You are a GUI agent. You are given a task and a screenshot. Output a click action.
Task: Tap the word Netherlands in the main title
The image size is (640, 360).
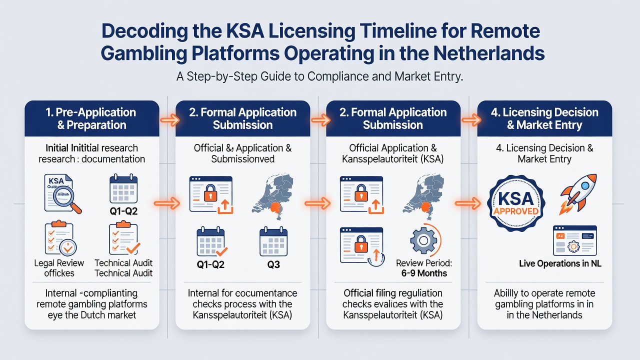[489, 53]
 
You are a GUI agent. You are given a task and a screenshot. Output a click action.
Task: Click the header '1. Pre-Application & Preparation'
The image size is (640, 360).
[91, 118]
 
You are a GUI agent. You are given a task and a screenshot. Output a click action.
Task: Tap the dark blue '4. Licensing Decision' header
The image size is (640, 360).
[544, 118]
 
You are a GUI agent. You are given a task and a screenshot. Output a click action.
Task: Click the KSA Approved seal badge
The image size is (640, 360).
[516, 203]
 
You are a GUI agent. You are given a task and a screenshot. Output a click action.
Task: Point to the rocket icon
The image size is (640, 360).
[577, 194]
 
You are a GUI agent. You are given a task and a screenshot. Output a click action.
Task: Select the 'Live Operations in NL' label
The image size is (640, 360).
[560, 263]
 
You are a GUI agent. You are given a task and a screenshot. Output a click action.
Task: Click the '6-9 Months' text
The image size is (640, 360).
[424, 273]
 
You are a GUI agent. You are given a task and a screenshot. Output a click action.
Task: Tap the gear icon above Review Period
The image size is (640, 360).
[423, 240]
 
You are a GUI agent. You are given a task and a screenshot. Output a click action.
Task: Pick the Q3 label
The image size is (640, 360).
[273, 264]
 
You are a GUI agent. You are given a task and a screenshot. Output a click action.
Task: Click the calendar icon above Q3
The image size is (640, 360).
[273, 241]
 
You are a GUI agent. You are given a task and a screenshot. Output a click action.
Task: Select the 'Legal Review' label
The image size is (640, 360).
[59, 263]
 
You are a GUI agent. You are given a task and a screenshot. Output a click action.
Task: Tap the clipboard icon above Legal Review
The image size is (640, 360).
[60, 237]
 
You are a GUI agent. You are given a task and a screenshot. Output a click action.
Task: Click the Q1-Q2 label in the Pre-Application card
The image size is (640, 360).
[123, 211]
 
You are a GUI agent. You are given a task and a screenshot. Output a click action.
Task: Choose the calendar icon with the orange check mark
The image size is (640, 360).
[211, 241]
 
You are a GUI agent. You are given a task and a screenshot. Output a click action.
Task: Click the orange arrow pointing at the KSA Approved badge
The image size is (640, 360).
[467, 203]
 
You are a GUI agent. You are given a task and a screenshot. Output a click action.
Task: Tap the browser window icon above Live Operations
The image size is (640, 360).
[575, 240]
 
